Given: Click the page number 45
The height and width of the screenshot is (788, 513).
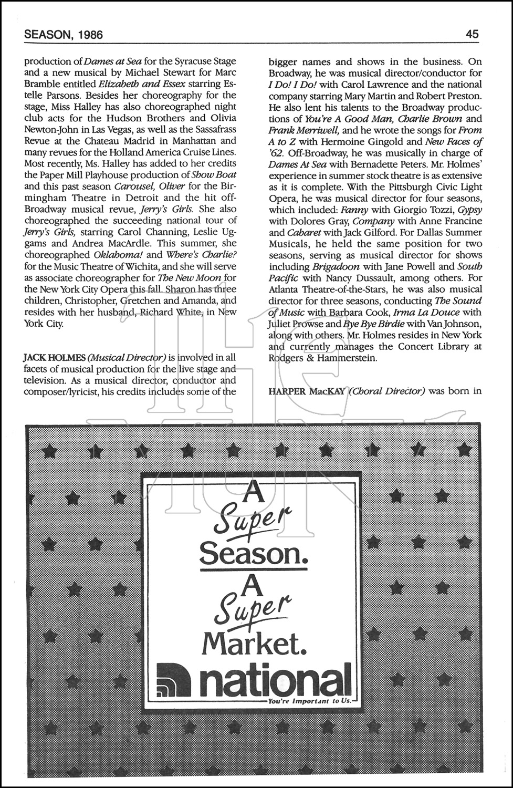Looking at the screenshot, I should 472,35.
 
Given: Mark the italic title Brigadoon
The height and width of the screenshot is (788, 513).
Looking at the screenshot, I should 337,266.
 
